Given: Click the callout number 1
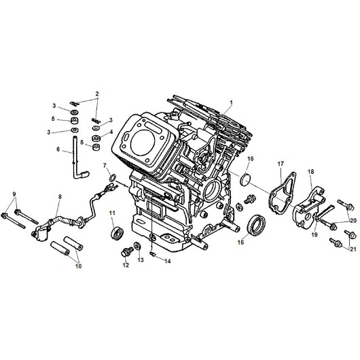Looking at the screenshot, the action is click(x=231, y=103).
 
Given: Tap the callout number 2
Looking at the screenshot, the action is click(x=97, y=93).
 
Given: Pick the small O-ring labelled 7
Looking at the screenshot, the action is click(x=113, y=179).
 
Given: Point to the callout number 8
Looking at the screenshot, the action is click(x=60, y=197).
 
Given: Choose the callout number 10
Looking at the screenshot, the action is click(x=77, y=266).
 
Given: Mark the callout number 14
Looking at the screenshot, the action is click(x=168, y=261).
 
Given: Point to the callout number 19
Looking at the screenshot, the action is click(x=314, y=234).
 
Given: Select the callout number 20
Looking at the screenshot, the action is click(x=353, y=220).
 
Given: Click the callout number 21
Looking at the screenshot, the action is click(x=353, y=250).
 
